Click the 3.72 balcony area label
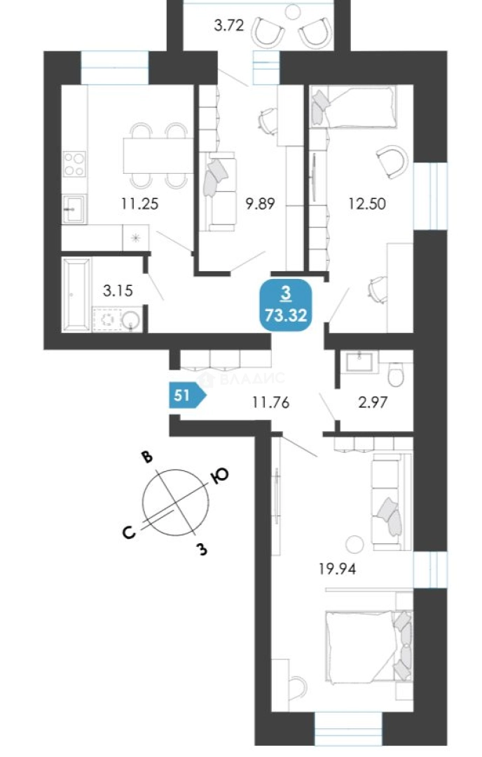228,25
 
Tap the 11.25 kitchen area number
139,204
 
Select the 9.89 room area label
260,204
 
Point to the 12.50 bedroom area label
367,204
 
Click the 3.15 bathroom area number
118,291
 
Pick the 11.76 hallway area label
270,402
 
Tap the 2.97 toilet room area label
373,402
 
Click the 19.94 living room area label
337,568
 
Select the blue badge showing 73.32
286,305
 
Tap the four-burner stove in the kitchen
75,163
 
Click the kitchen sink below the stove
75,209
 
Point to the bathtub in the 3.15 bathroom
76,294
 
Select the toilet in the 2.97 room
396,376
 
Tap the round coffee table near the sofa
354,545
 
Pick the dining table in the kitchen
157,156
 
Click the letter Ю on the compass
219,476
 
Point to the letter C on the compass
130,532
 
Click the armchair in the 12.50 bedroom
392,161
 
